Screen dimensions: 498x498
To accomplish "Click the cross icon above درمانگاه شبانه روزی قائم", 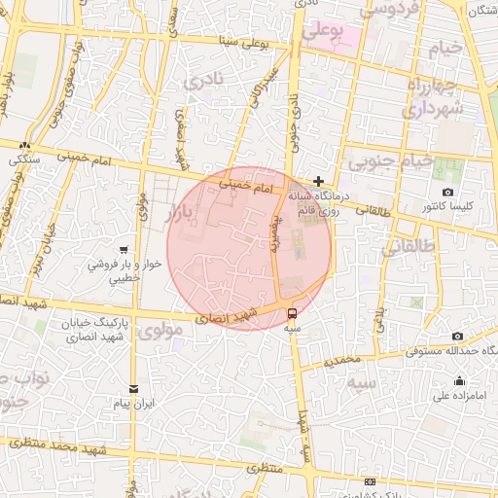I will pyautogui.click(x=318, y=181).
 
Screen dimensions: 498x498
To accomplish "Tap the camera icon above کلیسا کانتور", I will pyautogui.click(x=447, y=192).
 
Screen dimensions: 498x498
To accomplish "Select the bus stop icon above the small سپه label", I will pyautogui.click(x=292, y=313).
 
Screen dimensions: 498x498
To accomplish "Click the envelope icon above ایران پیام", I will pyautogui.click(x=134, y=388).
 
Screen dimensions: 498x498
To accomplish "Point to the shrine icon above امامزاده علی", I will pyautogui.click(x=459, y=380).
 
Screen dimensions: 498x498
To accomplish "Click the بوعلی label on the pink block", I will pyautogui.click(x=323, y=31).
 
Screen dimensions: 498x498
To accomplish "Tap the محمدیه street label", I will pyautogui.click(x=343, y=360).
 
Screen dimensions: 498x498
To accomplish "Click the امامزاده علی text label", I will pyautogui.click(x=459, y=396).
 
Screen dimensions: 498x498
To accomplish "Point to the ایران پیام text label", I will pyautogui.click(x=134, y=403).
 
